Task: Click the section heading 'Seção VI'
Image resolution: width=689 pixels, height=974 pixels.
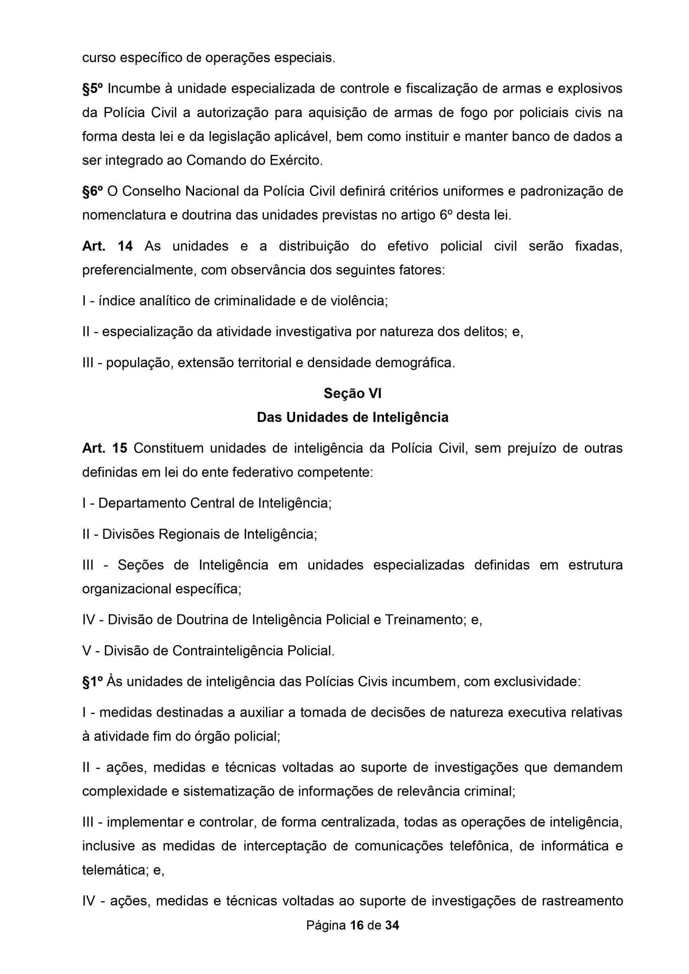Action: tap(352, 393)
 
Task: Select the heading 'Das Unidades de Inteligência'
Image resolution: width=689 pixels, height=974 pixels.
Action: tap(352, 417)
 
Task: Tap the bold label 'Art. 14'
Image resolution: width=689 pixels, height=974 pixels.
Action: tap(107, 246)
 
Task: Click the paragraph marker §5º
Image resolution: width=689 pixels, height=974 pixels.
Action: tap(92, 89)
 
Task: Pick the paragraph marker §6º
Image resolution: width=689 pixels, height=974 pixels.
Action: tap(92, 191)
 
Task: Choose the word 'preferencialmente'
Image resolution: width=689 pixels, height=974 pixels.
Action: tap(139, 270)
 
